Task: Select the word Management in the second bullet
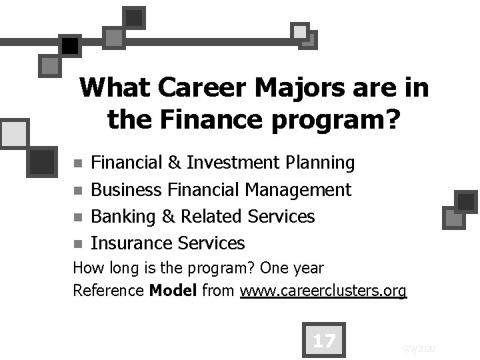click(298, 190)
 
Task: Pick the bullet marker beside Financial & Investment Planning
click(78, 163)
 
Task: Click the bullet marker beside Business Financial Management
click(78, 191)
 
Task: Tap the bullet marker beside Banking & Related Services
click(78, 217)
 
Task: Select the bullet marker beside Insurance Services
click(78, 244)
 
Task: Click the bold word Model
click(173, 291)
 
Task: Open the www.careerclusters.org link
click(323, 291)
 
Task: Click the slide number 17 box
click(323, 341)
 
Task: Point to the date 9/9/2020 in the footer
click(419, 349)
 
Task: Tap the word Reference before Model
click(108, 291)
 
